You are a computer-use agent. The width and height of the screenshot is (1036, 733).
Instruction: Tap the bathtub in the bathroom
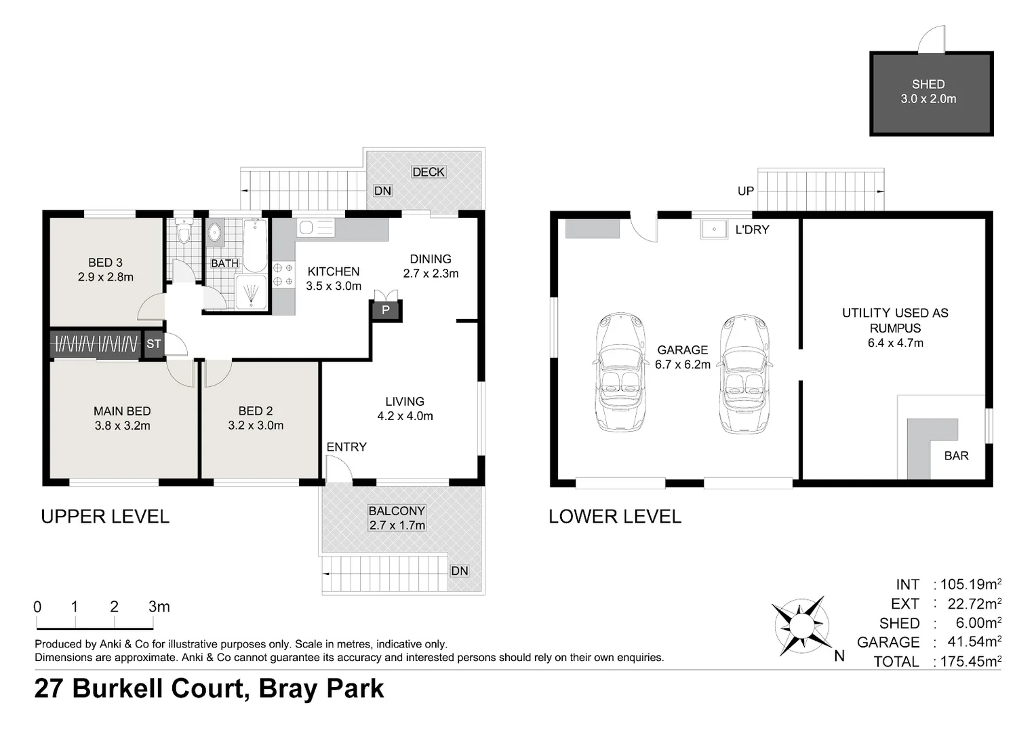click(255, 244)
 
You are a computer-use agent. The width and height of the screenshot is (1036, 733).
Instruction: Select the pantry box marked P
click(386, 310)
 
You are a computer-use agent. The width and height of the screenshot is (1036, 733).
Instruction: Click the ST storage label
click(154, 344)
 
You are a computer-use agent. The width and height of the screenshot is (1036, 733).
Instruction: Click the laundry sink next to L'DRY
click(713, 229)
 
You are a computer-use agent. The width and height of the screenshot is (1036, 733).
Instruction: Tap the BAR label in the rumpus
click(956, 455)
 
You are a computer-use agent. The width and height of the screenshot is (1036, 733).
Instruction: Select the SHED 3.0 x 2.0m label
click(928, 92)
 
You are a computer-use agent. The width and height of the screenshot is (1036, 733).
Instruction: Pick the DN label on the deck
click(382, 191)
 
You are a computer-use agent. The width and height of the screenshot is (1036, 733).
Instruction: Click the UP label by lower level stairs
click(745, 191)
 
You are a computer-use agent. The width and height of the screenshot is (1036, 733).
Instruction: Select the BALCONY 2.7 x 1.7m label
click(397, 518)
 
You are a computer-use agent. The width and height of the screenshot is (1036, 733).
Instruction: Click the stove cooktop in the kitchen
click(283, 275)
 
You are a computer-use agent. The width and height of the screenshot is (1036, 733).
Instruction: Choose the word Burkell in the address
click(157, 688)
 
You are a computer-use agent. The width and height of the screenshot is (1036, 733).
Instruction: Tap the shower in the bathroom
click(252, 293)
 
